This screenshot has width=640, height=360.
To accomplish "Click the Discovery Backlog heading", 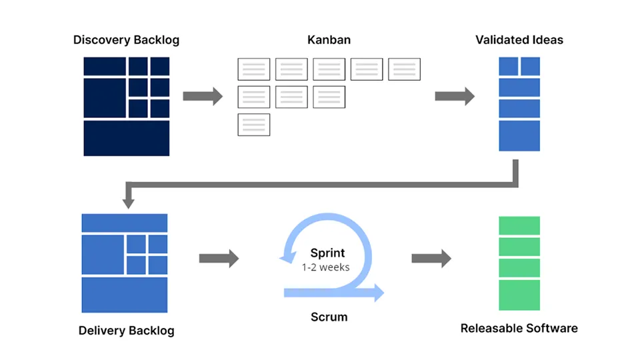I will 126,40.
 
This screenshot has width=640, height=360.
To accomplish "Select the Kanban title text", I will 329,40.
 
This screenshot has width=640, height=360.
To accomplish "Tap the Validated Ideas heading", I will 519,40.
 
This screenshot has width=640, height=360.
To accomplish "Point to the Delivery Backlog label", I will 126,331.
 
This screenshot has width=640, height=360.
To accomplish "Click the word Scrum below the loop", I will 329,316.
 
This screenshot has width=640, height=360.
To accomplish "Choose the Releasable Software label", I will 519,328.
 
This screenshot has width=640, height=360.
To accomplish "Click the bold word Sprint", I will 328,253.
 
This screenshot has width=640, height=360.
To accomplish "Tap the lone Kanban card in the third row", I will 254,125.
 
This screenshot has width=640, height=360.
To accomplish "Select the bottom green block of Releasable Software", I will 519,295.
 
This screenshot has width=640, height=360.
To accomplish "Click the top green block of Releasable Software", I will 519,225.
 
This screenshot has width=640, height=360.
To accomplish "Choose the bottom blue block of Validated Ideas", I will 519,136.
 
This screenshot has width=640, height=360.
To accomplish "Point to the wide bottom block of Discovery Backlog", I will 127,138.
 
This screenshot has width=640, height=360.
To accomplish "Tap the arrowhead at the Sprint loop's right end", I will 379,292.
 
